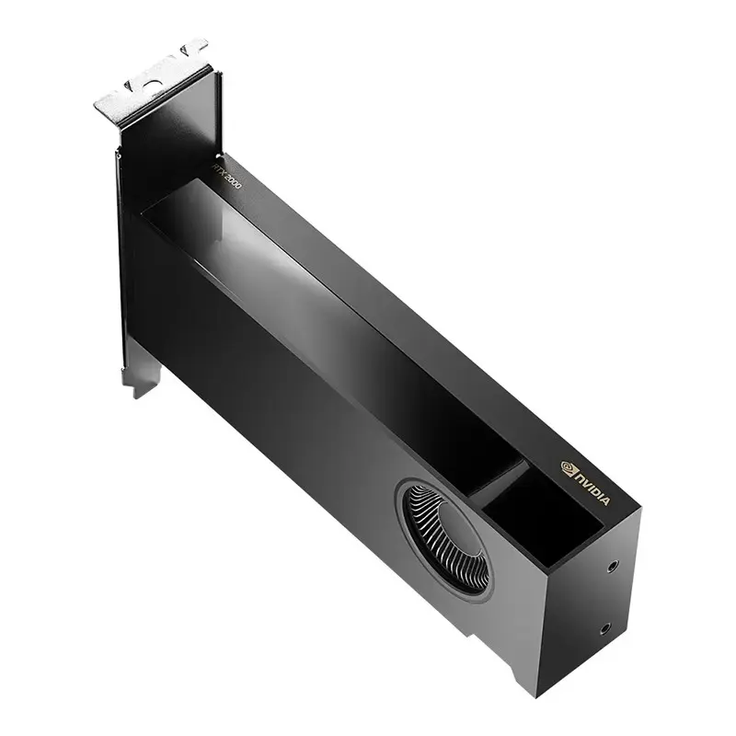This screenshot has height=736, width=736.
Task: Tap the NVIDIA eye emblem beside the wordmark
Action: [x=567, y=467]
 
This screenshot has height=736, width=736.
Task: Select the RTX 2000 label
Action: [x=227, y=175]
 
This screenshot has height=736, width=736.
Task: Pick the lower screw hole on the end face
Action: [x=604, y=629]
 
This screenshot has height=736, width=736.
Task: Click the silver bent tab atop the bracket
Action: [x=152, y=87]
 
